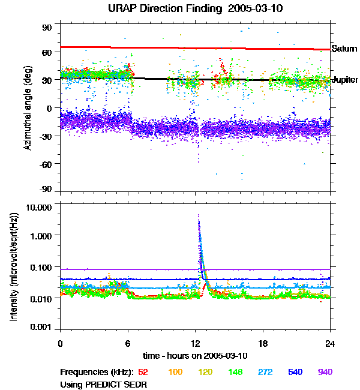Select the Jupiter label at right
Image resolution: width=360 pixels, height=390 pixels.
pos(345,80)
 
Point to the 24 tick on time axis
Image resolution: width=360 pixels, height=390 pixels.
pos(330,343)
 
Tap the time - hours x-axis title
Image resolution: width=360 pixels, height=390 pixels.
pos(195,356)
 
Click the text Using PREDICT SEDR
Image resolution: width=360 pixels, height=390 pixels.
pos(103,383)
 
